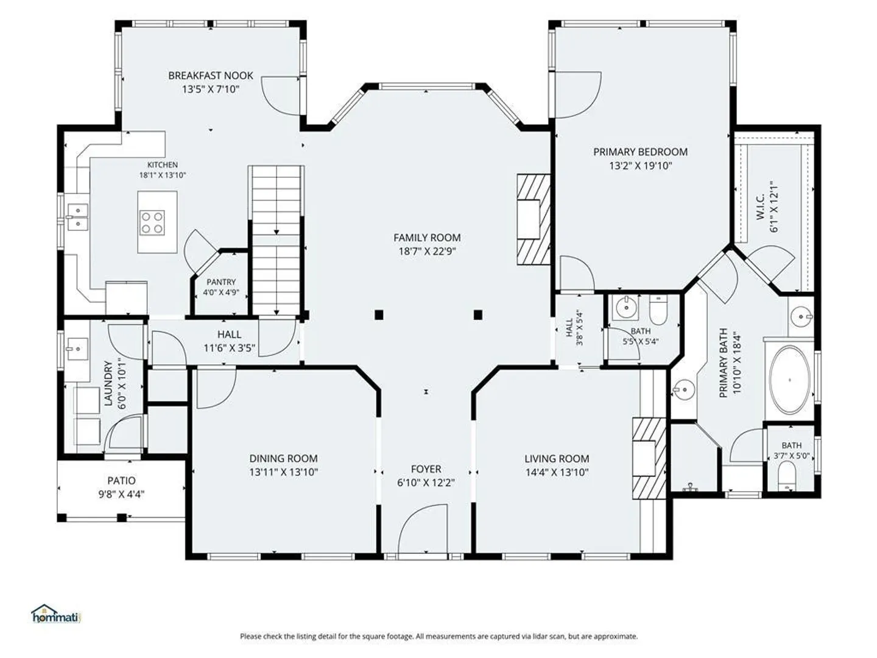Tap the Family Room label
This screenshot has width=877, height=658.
coord(427,238)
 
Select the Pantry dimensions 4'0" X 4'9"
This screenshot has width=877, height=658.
coord(221,292)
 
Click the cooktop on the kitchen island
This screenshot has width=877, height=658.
coord(152,222)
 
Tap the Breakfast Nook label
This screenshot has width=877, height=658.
coord(211,76)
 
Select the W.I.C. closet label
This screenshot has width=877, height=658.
coord(759,207)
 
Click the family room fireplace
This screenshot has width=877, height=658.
coord(534,219)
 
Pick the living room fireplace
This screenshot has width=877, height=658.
coord(649,458)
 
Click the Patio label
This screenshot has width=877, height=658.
coord(121,480)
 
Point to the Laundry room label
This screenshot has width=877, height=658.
coord(108,384)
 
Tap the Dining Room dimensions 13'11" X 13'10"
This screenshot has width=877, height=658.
coord(284,472)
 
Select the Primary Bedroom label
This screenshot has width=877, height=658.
coord(641,152)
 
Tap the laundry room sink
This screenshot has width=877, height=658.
coord(77,348)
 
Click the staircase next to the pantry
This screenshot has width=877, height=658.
coord(276,240)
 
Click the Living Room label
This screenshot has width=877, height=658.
coord(557,459)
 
